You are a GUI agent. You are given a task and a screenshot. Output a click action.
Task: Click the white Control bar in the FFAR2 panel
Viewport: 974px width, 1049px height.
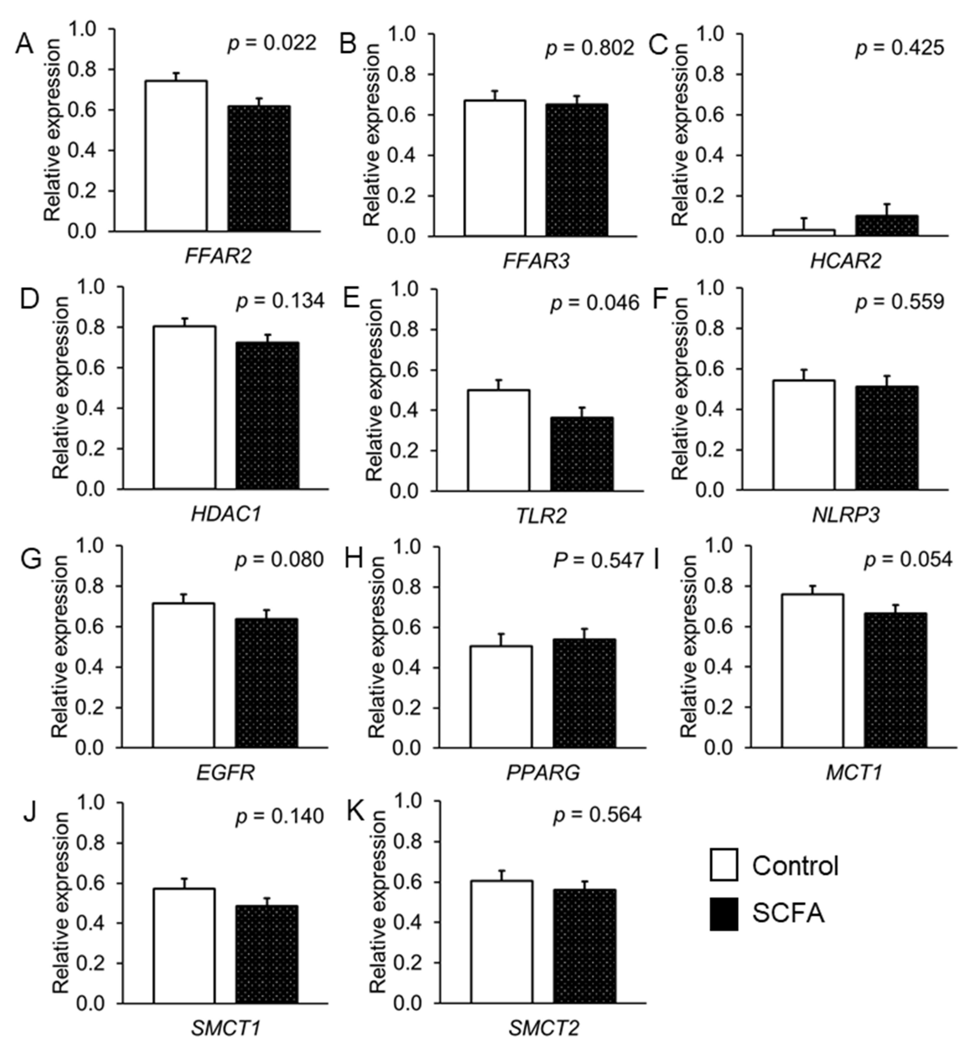(176, 156)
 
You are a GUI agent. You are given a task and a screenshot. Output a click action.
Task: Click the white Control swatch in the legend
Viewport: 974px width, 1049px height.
(724, 865)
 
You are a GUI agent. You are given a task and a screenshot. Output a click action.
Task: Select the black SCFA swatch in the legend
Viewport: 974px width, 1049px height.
(724, 914)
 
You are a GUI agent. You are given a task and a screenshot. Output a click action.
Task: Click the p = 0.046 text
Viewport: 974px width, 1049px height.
(595, 303)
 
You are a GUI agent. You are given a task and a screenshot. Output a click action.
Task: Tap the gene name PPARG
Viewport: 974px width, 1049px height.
(543, 773)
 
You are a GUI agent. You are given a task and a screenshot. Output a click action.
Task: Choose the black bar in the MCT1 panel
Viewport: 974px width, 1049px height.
(895, 680)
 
